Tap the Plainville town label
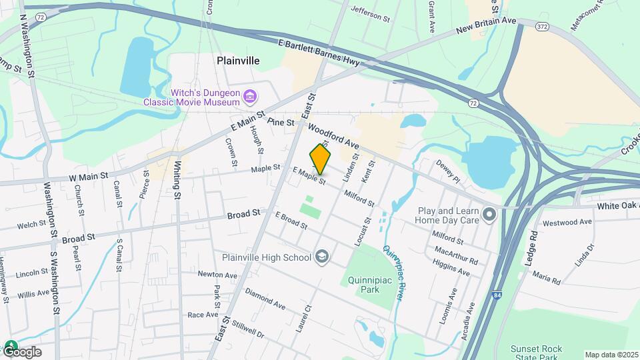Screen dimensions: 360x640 click(238, 61)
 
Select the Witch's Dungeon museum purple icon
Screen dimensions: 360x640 click(250, 97)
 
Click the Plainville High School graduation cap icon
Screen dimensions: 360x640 click(323, 257)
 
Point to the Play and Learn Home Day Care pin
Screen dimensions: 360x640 click(490, 215)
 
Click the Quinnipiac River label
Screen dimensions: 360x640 click(394, 273)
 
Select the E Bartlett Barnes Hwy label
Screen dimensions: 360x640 click(319, 53)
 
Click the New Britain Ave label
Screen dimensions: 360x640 click(487, 27)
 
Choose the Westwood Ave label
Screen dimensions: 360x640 click(567, 222)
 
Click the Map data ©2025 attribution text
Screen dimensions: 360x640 click(611, 355)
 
